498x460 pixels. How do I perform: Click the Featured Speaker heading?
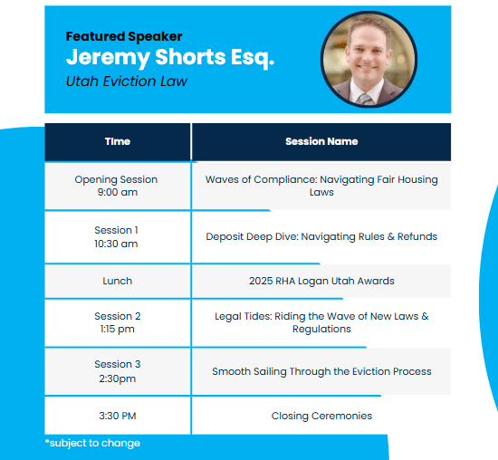(124, 36)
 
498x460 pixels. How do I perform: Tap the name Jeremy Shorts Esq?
(170, 58)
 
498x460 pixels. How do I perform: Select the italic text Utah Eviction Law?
(127, 81)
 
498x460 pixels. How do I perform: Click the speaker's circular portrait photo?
(369, 60)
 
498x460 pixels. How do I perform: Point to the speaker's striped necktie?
(366, 99)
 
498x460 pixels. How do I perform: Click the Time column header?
(118, 141)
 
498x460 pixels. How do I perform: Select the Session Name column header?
(321, 141)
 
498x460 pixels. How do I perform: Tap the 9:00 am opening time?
(118, 192)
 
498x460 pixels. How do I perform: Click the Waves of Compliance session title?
(321, 186)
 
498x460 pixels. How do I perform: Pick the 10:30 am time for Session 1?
(116, 244)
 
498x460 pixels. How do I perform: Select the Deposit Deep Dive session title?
(321, 236)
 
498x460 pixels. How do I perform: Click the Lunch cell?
(117, 281)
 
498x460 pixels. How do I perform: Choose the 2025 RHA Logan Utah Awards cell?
(321, 281)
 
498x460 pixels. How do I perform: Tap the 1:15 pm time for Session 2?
(118, 329)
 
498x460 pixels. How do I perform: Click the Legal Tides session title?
(321, 322)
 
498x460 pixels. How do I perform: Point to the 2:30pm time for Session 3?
(118, 379)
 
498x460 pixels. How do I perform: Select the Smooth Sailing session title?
(321, 371)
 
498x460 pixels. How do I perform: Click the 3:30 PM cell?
(118, 416)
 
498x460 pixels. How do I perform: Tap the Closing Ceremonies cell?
(321, 416)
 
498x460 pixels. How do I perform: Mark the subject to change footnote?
(92, 443)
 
